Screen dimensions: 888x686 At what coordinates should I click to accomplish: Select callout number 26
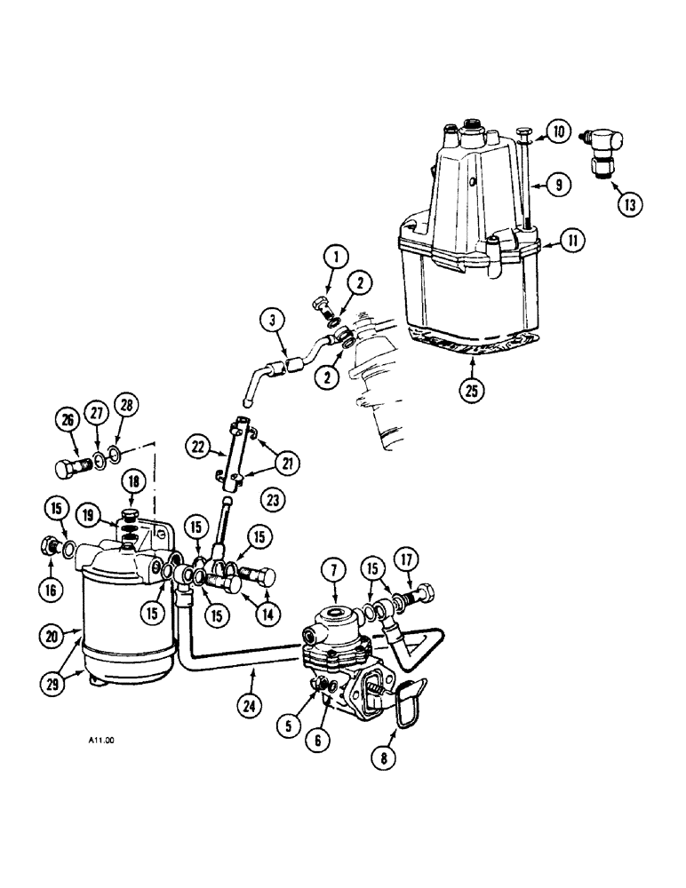point(68,420)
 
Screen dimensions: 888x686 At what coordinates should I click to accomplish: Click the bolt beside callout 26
point(68,468)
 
